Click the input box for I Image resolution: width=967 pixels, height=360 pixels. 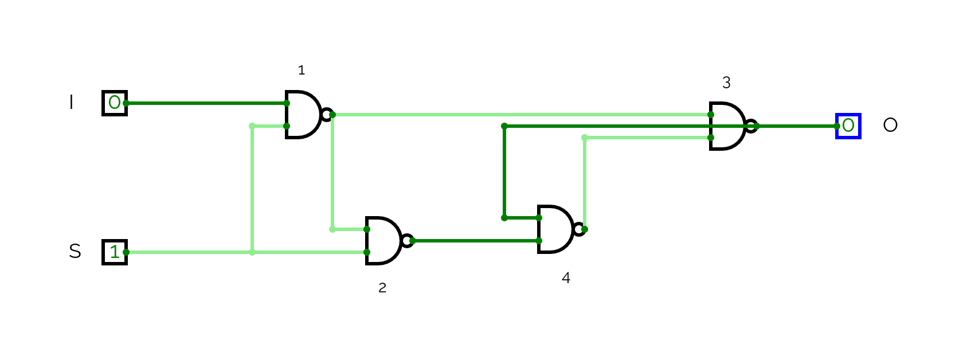[x=115, y=103]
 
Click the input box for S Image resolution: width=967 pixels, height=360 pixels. [x=115, y=252]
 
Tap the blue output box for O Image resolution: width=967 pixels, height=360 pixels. [x=848, y=126]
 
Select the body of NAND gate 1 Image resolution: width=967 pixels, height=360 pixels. [x=302, y=115]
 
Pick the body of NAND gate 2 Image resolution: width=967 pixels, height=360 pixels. [x=382, y=241]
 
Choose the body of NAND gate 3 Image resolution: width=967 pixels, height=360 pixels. [x=726, y=126]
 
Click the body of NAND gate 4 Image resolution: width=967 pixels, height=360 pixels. [x=554, y=229]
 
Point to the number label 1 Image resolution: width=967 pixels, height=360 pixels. [x=302, y=71]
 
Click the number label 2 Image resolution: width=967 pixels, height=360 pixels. [x=382, y=288]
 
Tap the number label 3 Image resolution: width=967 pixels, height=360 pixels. [x=726, y=83]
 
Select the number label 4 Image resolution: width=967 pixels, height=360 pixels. [x=566, y=278]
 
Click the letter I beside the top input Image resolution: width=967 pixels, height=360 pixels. [x=71, y=103]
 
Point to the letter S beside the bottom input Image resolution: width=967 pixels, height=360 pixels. [x=75, y=252]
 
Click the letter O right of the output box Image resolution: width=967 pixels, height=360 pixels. [x=890, y=125]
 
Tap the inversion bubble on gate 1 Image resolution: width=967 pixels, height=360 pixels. [x=327, y=115]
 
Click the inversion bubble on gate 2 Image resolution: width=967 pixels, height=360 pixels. [x=407, y=241]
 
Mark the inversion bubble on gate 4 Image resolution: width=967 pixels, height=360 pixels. [x=579, y=229]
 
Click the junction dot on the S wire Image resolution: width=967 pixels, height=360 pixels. [x=252, y=252]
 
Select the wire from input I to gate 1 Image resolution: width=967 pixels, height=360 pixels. [x=206, y=103]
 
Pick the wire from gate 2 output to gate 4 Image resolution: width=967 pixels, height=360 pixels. [x=476, y=241]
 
